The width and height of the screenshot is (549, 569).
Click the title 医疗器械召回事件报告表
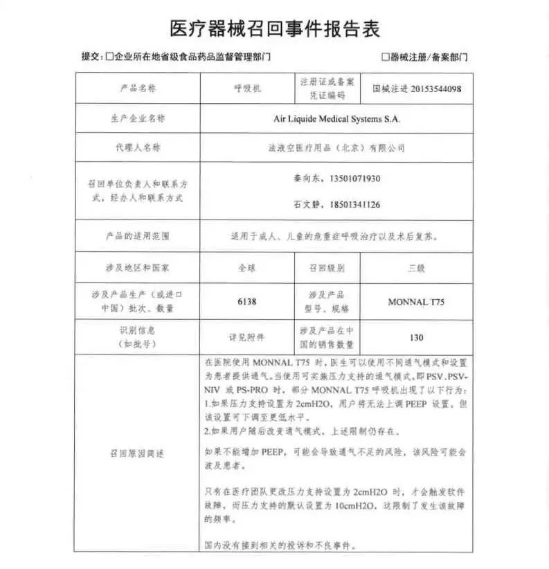point(274,28)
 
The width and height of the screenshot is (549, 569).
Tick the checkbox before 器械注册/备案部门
point(385,57)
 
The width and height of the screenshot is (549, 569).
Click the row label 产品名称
point(138,89)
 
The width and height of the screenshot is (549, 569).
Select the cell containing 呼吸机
point(246,89)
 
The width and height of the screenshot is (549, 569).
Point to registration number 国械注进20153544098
point(417,89)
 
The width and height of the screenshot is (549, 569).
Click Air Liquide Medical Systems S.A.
point(336,118)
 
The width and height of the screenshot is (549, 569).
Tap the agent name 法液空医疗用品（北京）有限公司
point(336,148)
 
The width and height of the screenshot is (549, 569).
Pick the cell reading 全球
point(246,267)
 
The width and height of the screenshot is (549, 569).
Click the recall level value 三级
point(417,267)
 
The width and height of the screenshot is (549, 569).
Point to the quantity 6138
point(246,301)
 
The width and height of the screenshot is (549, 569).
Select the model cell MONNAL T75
point(417,302)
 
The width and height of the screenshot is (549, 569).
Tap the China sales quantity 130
point(417,338)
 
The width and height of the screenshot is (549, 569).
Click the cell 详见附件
point(246,338)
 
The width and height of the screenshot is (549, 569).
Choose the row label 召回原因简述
point(138,453)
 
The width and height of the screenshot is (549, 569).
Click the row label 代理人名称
point(138,148)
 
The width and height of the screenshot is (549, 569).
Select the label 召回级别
point(326,267)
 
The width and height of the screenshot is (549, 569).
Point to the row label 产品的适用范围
point(138,236)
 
